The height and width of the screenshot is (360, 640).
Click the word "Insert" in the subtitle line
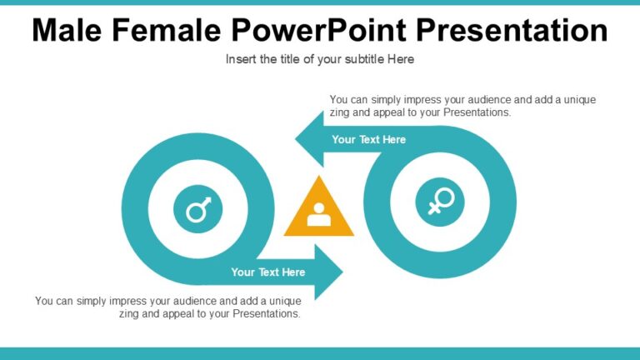coord(241,59)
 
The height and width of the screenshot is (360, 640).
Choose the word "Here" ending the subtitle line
coord(401,59)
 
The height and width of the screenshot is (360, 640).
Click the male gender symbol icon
coord(198,208)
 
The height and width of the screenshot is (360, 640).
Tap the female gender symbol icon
coord(440,201)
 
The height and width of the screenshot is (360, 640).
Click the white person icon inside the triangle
coord(319,216)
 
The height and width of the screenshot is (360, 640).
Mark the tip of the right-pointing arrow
coord(341,272)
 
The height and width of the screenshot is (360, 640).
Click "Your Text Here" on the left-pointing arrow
coord(368,139)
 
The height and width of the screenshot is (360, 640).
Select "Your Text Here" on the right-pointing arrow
coord(267,272)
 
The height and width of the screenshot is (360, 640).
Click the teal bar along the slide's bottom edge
coord(320,353)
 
